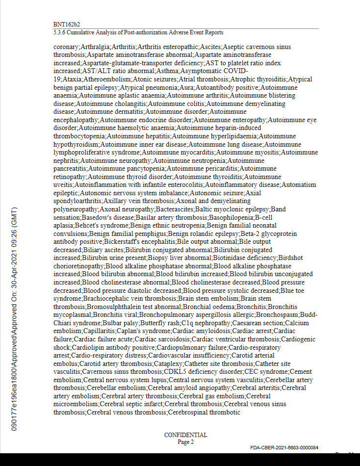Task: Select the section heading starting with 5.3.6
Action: [x=138, y=32]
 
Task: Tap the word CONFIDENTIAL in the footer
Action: [x=185, y=435]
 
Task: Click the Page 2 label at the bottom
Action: [x=185, y=442]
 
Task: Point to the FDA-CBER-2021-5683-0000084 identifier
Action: [x=284, y=448]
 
